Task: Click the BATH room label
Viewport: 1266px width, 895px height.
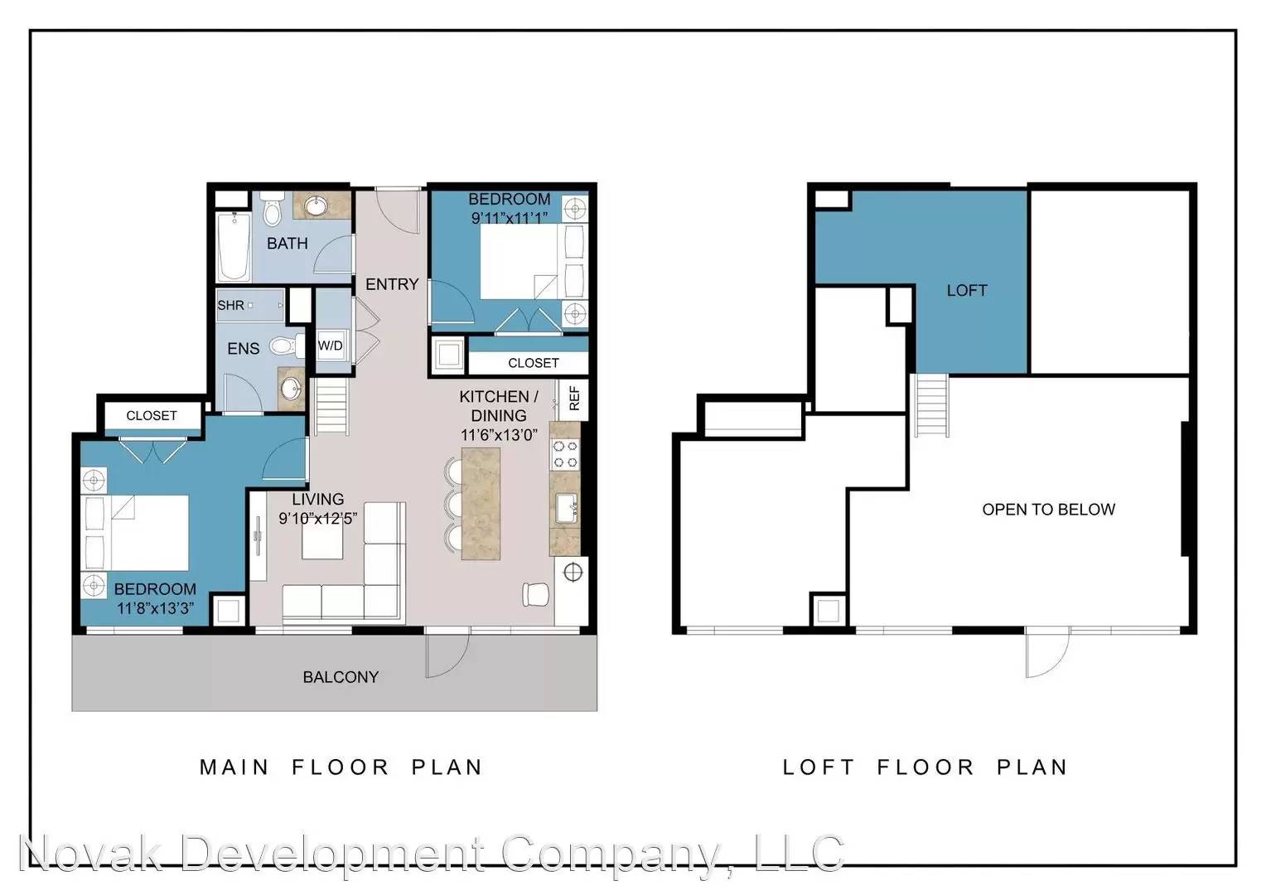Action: [288, 243]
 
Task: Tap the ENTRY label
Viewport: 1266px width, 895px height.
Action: [392, 283]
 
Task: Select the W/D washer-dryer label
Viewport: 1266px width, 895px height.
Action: [330, 346]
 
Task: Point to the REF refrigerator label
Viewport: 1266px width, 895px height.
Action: [574, 398]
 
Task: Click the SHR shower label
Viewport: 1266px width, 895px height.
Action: [230, 305]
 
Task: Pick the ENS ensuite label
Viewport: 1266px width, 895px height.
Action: [243, 348]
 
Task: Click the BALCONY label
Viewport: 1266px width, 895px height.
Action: [341, 677]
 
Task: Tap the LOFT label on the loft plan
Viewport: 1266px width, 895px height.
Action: [967, 291]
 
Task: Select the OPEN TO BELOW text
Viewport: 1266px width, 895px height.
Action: [1048, 510]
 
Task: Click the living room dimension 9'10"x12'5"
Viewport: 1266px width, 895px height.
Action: [317, 518]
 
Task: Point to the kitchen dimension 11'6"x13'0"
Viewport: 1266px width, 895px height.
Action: [499, 435]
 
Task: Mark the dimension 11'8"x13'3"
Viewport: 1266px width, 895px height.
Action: [156, 608]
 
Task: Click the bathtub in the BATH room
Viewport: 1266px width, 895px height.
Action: [234, 246]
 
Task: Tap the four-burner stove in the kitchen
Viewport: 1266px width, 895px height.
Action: [565, 455]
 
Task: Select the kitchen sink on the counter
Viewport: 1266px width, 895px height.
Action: [566, 508]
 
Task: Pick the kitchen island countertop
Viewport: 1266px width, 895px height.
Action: [481, 503]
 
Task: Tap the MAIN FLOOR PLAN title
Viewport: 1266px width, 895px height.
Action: [341, 767]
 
